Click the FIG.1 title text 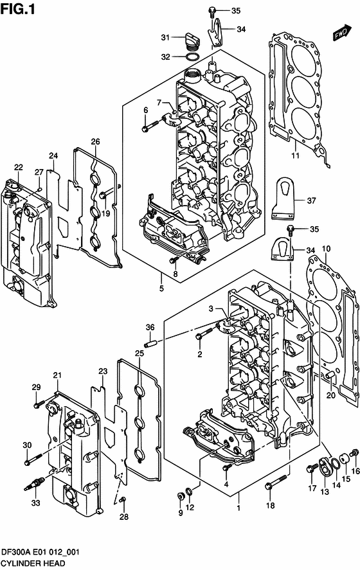click(17, 10)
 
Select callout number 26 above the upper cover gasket click(95, 142)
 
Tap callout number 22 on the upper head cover click(19, 168)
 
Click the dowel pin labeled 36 click(151, 342)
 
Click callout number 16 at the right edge click(355, 490)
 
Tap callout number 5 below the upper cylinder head click(161, 289)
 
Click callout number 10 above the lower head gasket click(326, 249)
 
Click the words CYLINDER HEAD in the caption click(32, 564)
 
